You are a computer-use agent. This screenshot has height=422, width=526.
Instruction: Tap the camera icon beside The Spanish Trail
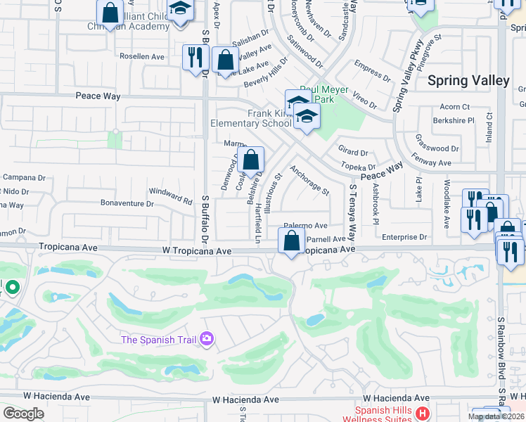[206, 340]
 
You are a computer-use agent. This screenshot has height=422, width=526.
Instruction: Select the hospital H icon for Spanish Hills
[422, 414]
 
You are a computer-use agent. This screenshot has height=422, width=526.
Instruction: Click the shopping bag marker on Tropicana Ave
[291, 241]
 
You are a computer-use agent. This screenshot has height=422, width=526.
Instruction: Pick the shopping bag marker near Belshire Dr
[250, 161]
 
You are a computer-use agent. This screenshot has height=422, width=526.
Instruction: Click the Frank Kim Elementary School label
[251, 118]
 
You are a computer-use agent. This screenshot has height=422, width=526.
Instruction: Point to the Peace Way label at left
[98, 96]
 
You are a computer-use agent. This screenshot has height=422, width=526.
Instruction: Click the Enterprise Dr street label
[404, 238]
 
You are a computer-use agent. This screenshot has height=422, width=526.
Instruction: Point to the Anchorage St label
[309, 179]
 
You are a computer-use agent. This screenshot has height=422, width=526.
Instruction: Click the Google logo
[23, 414]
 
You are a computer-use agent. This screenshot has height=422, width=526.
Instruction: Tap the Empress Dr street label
[372, 72]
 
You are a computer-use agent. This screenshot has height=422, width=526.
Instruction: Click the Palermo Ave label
[306, 226]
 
